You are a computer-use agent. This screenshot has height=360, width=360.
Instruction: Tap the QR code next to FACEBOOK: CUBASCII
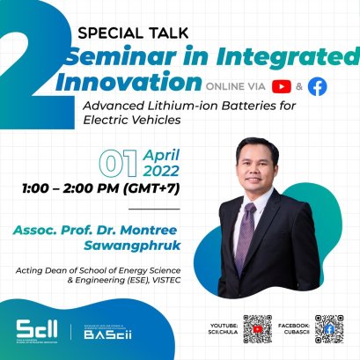click(329, 329)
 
